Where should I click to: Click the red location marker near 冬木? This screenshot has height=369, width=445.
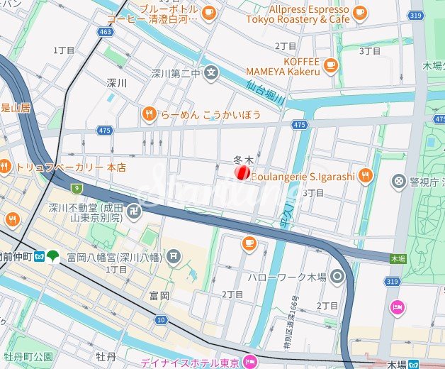(x=241, y=172)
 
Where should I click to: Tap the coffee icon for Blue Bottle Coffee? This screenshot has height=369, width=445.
(x=208, y=12)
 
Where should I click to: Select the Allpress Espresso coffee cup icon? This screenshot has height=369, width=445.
(x=360, y=12)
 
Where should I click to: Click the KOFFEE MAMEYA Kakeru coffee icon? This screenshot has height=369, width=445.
(x=330, y=66)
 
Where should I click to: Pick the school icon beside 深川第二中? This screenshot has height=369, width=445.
(x=210, y=72)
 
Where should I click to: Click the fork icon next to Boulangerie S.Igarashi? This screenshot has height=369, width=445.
(x=365, y=175)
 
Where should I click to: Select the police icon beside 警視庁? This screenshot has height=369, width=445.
(x=400, y=182)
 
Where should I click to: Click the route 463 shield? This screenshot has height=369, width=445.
(x=106, y=32)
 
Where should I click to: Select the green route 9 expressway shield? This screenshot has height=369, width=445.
(x=76, y=188)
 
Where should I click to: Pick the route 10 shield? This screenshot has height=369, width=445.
(x=162, y=320)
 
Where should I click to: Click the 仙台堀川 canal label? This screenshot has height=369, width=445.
(x=266, y=92)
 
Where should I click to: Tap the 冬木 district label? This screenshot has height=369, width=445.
(x=243, y=160)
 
